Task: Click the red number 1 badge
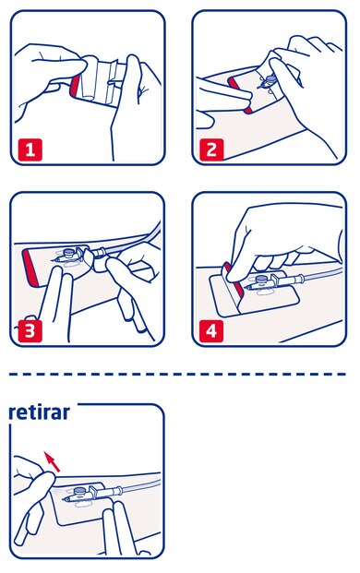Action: (x=30, y=149)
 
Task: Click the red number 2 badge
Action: (x=211, y=149)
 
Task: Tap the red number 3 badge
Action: (x=30, y=331)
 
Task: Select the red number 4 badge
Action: (x=211, y=331)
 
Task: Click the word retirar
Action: (x=39, y=412)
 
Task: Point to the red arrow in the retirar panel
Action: (x=52, y=461)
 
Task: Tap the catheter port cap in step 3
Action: (x=68, y=252)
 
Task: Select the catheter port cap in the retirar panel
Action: (x=80, y=492)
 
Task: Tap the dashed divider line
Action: (x=177, y=375)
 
